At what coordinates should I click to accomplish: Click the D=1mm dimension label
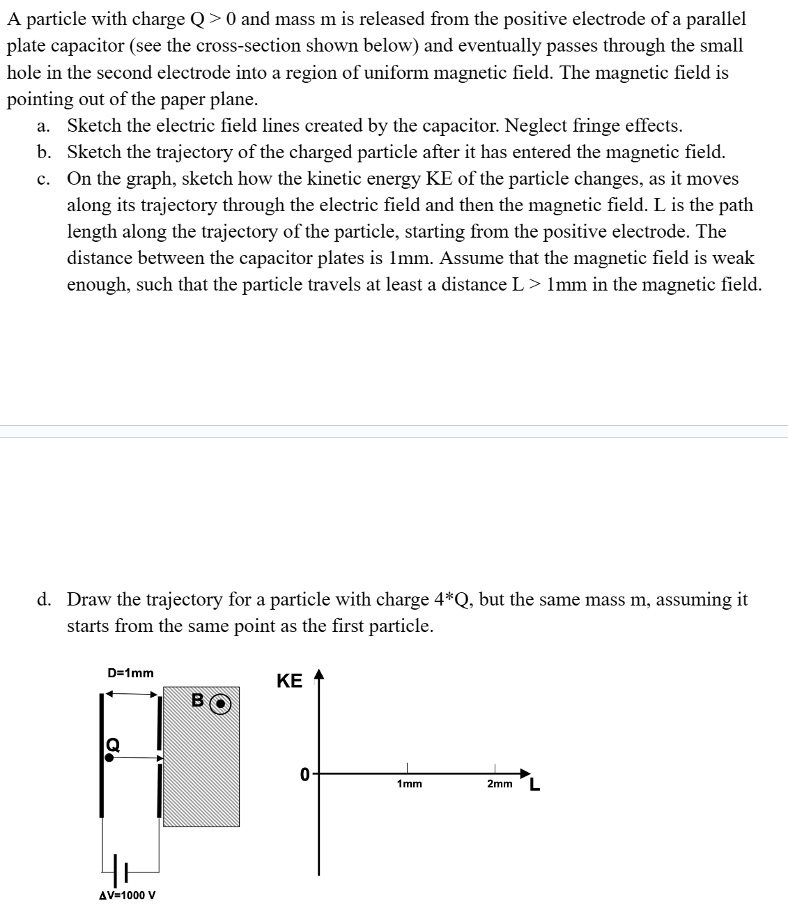130,673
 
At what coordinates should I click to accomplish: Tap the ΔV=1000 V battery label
128,895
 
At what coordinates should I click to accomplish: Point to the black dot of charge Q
109,757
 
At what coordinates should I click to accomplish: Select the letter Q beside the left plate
112,744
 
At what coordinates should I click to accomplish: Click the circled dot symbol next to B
219,704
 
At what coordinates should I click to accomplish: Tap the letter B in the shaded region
198,701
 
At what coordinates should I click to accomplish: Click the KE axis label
289,681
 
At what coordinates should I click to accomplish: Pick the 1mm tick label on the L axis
409,784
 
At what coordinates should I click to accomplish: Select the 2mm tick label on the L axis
500,784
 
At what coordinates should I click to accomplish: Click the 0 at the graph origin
304,774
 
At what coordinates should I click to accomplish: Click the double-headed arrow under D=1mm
130,693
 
